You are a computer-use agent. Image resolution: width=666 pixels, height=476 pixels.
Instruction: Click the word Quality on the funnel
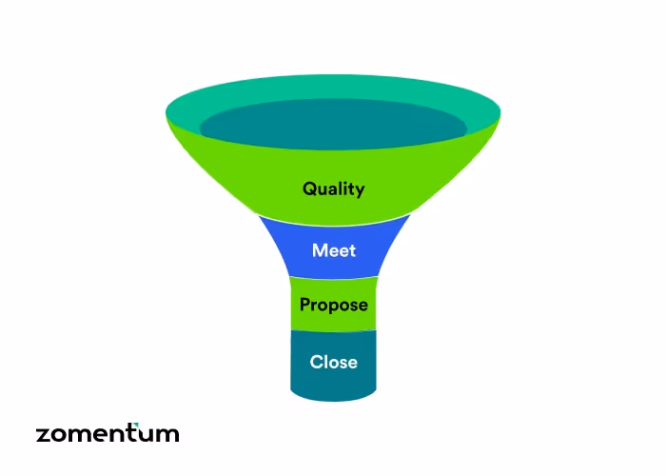click(333, 188)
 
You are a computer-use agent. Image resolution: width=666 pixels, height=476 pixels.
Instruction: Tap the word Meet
click(333, 251)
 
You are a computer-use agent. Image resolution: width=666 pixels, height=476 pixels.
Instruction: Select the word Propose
click(333, 306)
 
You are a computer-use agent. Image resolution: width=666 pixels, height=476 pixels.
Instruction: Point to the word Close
click(333, 362)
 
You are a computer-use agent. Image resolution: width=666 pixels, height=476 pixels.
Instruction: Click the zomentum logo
click(108, 434)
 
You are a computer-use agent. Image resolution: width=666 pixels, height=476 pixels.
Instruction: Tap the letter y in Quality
click(360, 190)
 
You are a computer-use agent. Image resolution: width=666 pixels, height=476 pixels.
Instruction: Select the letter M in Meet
click(319, 251)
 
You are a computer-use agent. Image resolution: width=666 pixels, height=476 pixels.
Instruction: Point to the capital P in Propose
click(304, 305)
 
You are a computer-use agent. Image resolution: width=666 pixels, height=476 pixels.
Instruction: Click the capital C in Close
click(316, 362)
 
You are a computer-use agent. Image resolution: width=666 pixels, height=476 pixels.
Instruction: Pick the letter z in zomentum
click(43, 435)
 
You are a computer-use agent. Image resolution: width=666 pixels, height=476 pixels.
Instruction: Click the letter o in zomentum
click(58, 435)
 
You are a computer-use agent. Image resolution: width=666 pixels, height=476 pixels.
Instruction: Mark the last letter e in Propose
click(362, 307)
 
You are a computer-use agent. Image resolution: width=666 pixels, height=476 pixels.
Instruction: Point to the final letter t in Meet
click(352, 251)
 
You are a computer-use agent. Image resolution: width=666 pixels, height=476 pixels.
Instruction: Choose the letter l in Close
click(325, 362)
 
